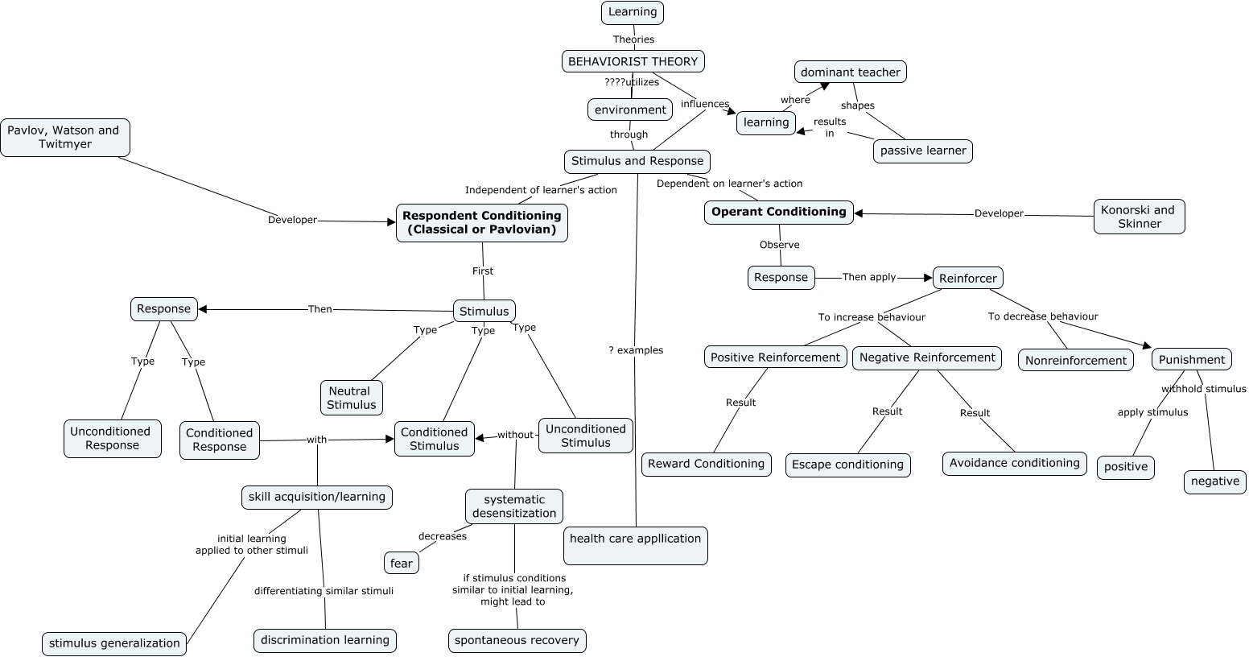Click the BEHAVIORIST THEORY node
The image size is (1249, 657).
click(x=633, y=61)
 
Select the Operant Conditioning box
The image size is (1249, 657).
click(x=778, y=213)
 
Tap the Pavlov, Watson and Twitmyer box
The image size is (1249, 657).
click(x=64, y=138)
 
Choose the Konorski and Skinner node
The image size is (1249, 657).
click(x=1138, y=217)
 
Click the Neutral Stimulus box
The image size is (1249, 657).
click(x=351, y=398)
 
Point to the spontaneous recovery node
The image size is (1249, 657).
click(x=517, y=641)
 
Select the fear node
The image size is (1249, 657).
click(x=401, y=564)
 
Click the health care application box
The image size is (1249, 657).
click(x=635, y=546)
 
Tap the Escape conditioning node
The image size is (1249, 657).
click(x=847, y=465)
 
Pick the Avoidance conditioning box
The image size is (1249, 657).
click(x=1014, y=463)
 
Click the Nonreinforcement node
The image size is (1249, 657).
click(x=1075, y=361)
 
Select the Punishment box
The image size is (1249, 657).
click(x=1191, y=360)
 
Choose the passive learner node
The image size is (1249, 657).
click(x=922, y=151)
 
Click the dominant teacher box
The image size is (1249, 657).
click(x=850, y=72)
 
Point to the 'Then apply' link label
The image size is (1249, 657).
click(x=868, y=277)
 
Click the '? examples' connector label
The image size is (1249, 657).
click(x=636, y=350)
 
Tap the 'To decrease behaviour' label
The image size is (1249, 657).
click(x=1042, y=316)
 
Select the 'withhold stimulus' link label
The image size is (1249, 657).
click(x=1203, y=389)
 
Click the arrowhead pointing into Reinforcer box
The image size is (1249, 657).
click(x=927, y=278)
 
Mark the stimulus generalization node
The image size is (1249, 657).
click(x=114, y=643)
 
